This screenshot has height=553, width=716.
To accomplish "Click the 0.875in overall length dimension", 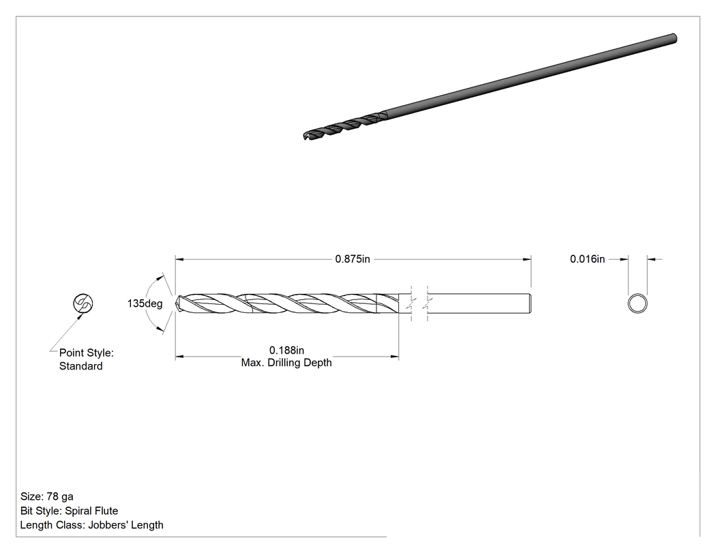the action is (353, 259).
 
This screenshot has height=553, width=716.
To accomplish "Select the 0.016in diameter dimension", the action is (587, 259).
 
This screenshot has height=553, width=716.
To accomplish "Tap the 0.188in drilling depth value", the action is (286, 350).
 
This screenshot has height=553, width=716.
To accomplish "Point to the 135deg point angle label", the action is (145, 303).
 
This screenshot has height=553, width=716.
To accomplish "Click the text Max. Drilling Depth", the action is (286, 363).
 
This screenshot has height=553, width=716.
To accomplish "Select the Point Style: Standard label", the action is (87, 359).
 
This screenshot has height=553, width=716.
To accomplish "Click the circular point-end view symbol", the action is (83, 303).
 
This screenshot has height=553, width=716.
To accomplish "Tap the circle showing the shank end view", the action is (638, 303).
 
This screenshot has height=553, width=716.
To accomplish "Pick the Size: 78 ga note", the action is (46, 496).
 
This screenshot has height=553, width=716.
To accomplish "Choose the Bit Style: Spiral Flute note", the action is (69, 511).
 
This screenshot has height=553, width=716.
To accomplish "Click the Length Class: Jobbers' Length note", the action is (91, 524).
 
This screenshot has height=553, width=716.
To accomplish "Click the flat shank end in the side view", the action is (530, 303).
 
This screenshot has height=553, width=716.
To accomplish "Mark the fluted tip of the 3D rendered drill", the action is (305, 136).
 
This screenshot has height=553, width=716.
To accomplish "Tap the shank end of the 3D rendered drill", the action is (674, 38).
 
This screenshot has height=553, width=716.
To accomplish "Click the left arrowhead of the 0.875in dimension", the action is (179, 259).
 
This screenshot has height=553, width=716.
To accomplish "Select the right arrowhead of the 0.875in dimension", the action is (527, 259).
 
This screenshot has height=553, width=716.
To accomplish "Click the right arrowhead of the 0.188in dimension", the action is (395, 356).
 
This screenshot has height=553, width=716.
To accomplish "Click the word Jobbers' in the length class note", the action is (106, 524).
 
